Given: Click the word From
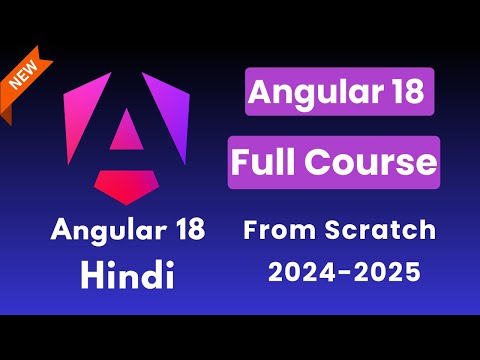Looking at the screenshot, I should (x=279, y=231).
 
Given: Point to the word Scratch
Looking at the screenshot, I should (x=380, y=231).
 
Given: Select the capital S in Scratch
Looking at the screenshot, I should (x=333, y=231).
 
